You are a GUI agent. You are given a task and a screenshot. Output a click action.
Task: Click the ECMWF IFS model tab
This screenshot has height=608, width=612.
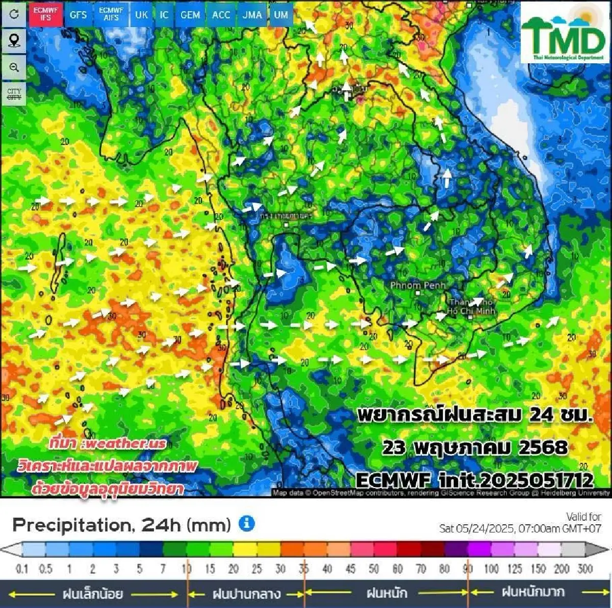click(x=45, y=14)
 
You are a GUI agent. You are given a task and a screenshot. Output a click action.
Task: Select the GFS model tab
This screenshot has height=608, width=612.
click(x=78, y=14)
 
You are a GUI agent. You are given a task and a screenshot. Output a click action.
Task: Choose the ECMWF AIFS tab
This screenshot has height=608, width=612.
click(x=111, y=14)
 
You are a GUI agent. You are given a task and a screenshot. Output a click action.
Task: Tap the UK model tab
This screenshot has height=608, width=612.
click(x=141, y=14)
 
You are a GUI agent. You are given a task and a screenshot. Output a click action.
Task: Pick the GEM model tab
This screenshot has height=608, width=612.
click(x=190, y=14)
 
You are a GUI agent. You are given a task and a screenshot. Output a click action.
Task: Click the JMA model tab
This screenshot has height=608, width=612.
click(x=252, y=14)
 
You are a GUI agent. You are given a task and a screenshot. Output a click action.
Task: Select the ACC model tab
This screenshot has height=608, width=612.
click(x=221, y=14)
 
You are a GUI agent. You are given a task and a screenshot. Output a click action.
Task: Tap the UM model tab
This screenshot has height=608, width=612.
click(x=281, y=14)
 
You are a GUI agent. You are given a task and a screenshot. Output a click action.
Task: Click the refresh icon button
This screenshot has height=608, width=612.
click(x=14, y=14)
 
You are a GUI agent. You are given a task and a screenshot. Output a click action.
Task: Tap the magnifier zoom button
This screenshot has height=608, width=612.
click(x=14, y=67)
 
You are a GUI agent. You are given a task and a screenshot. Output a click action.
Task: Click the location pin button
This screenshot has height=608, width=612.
click(x=14, y=40)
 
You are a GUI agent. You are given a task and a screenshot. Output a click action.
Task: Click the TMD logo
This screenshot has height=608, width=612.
click(x=564, y=33)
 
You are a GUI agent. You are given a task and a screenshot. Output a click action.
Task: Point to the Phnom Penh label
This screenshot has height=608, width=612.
click(x=418, y=285)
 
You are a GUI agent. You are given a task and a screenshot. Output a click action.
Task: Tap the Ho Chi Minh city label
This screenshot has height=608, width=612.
click(x=471, y=310)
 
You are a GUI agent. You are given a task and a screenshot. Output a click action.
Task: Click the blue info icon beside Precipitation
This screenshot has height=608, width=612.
click(x=246, y=523)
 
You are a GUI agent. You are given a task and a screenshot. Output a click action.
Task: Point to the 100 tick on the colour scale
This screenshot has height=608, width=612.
click(x=491, y=568)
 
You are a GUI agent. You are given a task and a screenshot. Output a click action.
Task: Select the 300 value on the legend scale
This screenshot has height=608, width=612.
click(x=585, y=568)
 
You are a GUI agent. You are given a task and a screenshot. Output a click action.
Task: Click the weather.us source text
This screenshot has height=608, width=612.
click(x=108, y=443)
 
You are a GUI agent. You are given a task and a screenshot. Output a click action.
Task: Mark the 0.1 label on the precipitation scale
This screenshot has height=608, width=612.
click(x=22, y=568)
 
